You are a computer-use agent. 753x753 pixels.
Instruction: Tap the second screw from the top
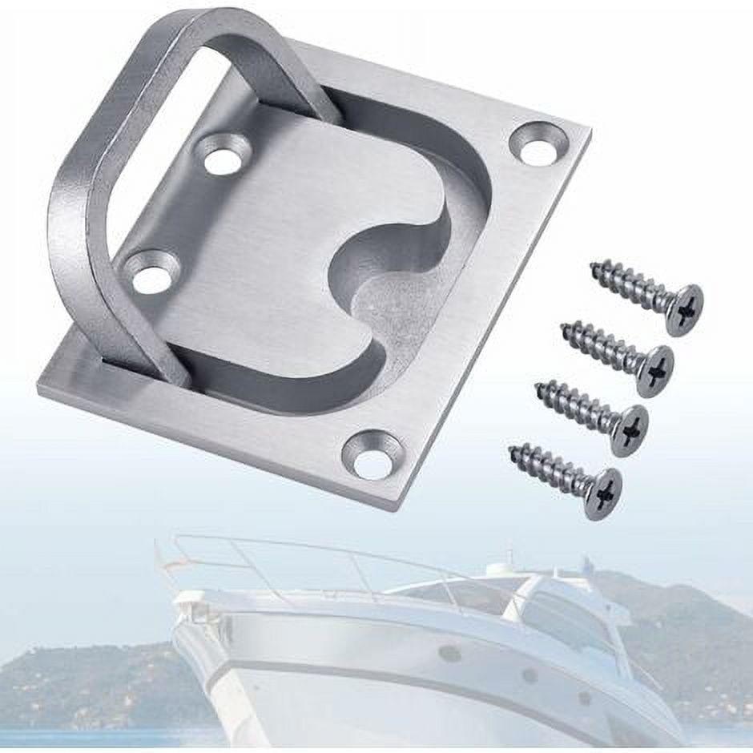tap(617, 352)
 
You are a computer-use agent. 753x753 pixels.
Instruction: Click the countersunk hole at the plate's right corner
tap(538, 143)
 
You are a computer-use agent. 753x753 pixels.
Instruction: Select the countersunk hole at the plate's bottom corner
tap(372, 454)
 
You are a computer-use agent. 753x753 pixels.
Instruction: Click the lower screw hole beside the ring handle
tap(152, 272)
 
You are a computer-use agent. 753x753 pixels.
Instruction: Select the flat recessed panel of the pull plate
tap(272, 240)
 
